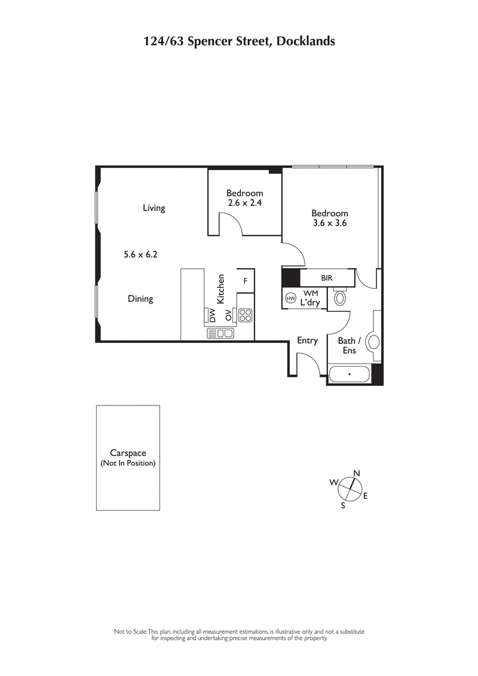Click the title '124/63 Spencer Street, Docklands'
pyautogui.click(x=239, y=41)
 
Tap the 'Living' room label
pyautogui.click(x=154, y=208)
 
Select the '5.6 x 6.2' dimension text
pyautogui.click(x=140, y=254)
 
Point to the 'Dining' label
pyautogui.click(x=140, y=299)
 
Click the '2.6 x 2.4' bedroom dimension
pyautogui.click(x=244, y=203)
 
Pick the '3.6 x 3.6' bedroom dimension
pyautogui.click(x=330, y=223)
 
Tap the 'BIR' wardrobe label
pyautogui.click(x=326, y=278)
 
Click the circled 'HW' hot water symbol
pyautogui.click(x=291, y=298)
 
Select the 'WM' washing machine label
pyautogui.click(x=310, y=293)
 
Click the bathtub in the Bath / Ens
pyautogui.click(x=350, y=375)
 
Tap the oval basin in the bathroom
pyautogui.click(x=374, y=342)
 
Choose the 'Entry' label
pyautogui.click(x=307, y=340)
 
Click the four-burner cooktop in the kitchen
pyautogui.click(x=245, y=315)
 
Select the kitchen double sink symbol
pyautogui.click(x=220, y=333)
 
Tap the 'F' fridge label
pyautogui.click(x=245, y=280)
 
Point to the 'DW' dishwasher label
pyautogui.click(x=213, y=315)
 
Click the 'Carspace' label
pyautogui.click(x=128, y=453)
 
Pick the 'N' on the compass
pyautogui.click(x=357, y=474)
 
